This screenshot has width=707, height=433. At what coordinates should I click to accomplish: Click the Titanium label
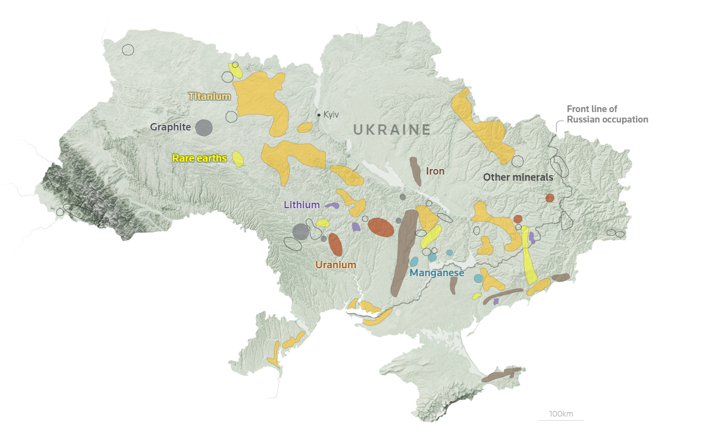point(209,96)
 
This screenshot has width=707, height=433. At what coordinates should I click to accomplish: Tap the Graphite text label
point(171,127)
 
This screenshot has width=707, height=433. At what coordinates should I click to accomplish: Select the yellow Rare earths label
point(199,158)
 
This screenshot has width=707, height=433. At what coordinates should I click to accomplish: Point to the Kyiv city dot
point(318,115)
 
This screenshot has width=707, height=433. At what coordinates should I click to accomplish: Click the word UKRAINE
point(392,129)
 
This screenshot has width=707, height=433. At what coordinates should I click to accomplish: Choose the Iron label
point(435,171)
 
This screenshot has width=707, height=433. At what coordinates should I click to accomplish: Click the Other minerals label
point(518,177)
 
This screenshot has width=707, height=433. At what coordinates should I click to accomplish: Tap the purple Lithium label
point(302,205)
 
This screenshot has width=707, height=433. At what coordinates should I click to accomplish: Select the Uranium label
point(336,265)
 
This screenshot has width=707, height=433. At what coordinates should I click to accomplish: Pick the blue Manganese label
point(437,273)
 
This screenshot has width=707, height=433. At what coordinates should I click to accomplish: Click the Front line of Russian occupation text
point(607,115)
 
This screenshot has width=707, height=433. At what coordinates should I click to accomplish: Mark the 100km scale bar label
point(561,414)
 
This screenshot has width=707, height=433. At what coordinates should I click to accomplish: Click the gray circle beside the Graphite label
point(204,128)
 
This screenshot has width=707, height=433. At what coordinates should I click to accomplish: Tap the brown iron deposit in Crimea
point(502,375)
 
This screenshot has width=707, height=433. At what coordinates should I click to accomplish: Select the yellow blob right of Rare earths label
point(239,159)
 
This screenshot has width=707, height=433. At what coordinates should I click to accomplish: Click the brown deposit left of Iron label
point(415,171)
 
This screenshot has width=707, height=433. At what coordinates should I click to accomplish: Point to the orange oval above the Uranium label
point(335,244)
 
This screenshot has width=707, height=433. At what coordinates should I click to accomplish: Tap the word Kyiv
point(331,115)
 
